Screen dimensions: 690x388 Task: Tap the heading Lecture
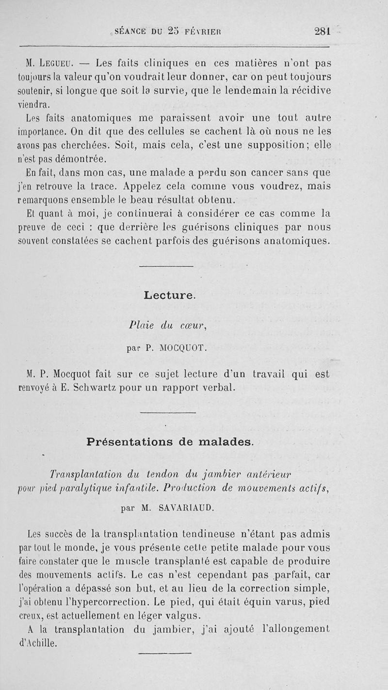[x=169, y=294]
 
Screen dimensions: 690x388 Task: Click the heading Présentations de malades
[x=170, y=442]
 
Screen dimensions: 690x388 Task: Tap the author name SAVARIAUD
[x=185, y=509]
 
